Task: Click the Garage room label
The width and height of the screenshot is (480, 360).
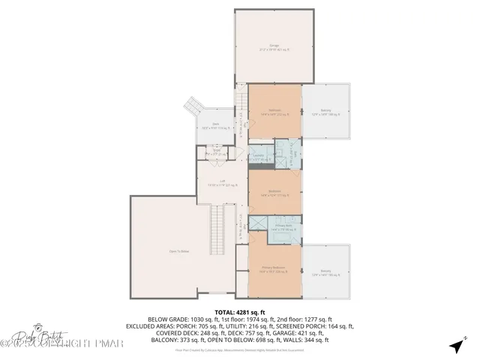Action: coord(273,49)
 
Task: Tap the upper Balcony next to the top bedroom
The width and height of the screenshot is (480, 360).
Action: coord(325,114)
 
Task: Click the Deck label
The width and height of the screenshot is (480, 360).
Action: coord(214,126)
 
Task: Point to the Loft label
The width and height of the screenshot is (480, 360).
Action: coord(222,182)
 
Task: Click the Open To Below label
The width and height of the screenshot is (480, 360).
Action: coord(177,251)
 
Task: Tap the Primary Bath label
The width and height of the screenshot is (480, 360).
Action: coord(283,226)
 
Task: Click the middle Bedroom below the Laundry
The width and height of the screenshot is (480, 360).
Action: coord(274,192)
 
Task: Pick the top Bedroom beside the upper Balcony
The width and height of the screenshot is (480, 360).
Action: coord(274,112)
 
